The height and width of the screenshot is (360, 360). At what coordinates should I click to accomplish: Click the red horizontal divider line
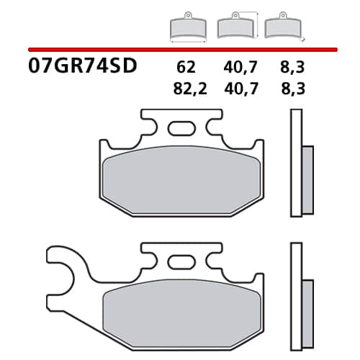180,49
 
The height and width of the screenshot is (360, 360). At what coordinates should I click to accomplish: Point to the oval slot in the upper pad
178,130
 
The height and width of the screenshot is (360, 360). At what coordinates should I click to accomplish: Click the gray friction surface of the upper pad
180,181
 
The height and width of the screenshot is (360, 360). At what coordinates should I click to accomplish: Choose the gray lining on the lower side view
306,306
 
